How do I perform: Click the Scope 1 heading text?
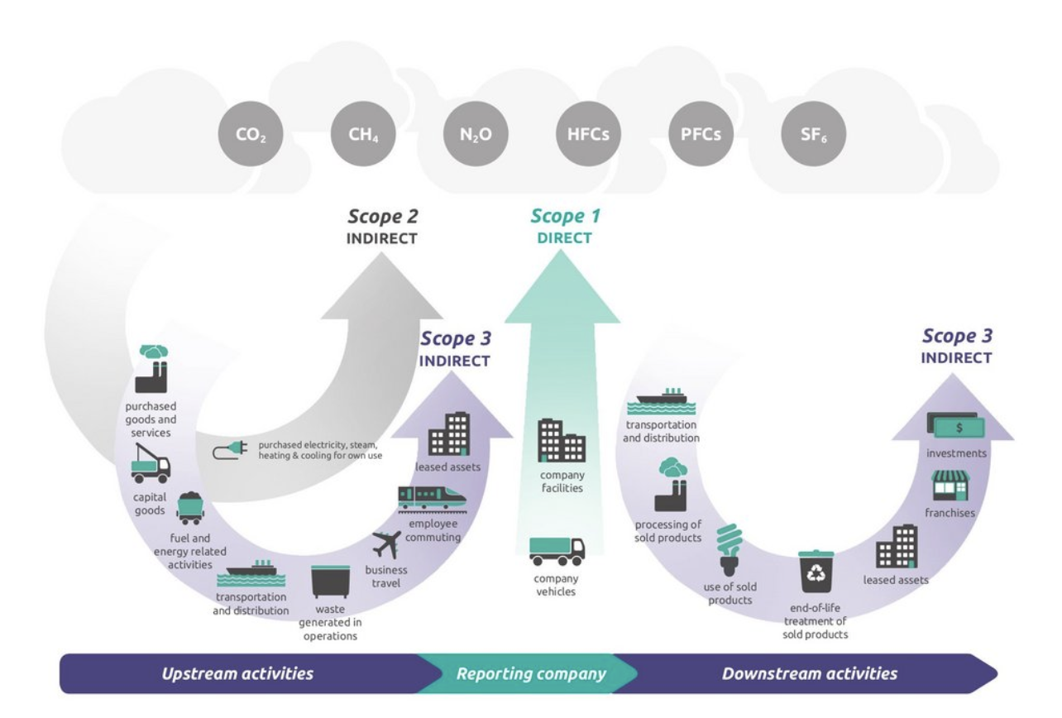(x=566, y=218)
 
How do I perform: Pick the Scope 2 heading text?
(x=382, y=218)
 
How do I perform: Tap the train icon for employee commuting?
(x=431, y=496)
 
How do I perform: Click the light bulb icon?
(x=727, y=549)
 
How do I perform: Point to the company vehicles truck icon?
(x=557, y=550)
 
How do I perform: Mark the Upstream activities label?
(x=237, y=673)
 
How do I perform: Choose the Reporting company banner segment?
(x=531, y=673)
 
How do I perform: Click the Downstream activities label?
(x=809, y=673)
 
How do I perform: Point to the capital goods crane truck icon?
(x=151, y=462)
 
